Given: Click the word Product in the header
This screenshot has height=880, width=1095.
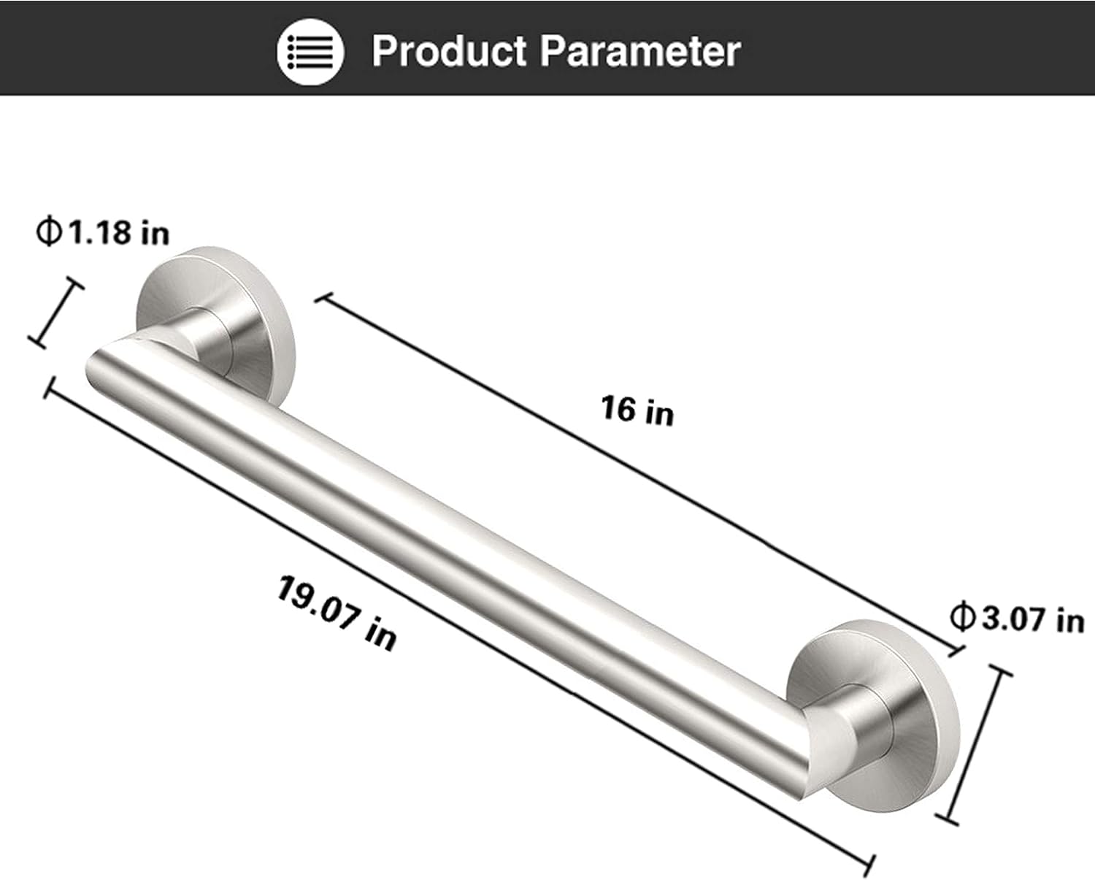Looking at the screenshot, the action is (x=449, y=51).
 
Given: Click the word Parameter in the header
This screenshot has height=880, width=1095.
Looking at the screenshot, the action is (x=640, y=51).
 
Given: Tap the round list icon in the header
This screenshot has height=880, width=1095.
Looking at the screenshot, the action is (x=310, y=51).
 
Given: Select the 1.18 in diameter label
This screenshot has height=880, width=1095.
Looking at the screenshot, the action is (x=102, y=232).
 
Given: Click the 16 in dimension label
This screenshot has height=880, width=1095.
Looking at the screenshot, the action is (x=637, y=410).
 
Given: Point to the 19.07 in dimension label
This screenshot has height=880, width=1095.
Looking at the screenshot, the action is (x=337, y=613).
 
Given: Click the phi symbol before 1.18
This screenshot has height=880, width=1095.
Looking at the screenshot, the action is (x=48, y=232).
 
